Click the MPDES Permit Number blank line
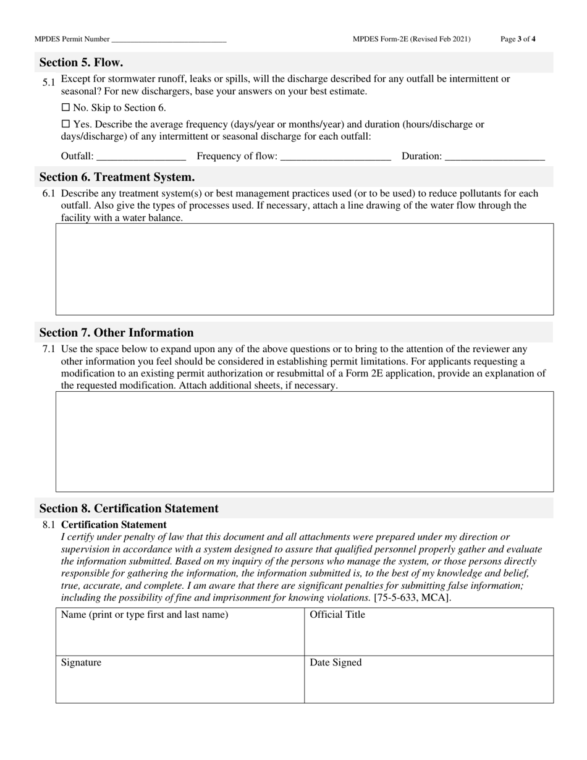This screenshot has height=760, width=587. [x=169, y=40]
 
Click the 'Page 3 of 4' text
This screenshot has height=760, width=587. [x=518, y=39]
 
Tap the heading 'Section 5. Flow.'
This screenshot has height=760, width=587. [x=81, y=62]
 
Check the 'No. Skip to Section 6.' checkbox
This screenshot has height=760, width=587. [x=66, y=108]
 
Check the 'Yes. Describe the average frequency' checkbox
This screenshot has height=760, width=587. [x=66, y=124]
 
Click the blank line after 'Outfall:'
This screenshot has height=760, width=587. [x=141, y=157]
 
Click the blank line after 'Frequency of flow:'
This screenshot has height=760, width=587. [x=336, y=157]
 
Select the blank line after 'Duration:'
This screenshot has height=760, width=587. [x=494, y=157]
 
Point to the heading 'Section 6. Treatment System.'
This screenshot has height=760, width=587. [x=117, y=177]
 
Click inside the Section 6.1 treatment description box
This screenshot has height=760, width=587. [x=305, y=269]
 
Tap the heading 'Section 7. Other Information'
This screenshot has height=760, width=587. [x=116, y=332]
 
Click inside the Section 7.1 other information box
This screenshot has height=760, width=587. [x=305, y=441]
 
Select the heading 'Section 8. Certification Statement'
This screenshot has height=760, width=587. [x=129, y=509]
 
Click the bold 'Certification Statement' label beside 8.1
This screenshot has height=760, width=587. [x=114, y=525]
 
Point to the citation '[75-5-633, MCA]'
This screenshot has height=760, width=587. [x=412, y=597]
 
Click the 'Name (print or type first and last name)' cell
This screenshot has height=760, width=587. [x=180, y=631]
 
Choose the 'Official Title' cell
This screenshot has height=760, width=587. [x=429, y=631]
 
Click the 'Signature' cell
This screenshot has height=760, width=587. [x=180, y=680]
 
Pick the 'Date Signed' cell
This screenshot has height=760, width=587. [x=429, y=680]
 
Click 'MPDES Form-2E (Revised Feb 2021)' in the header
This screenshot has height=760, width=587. [x=412, y=39]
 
